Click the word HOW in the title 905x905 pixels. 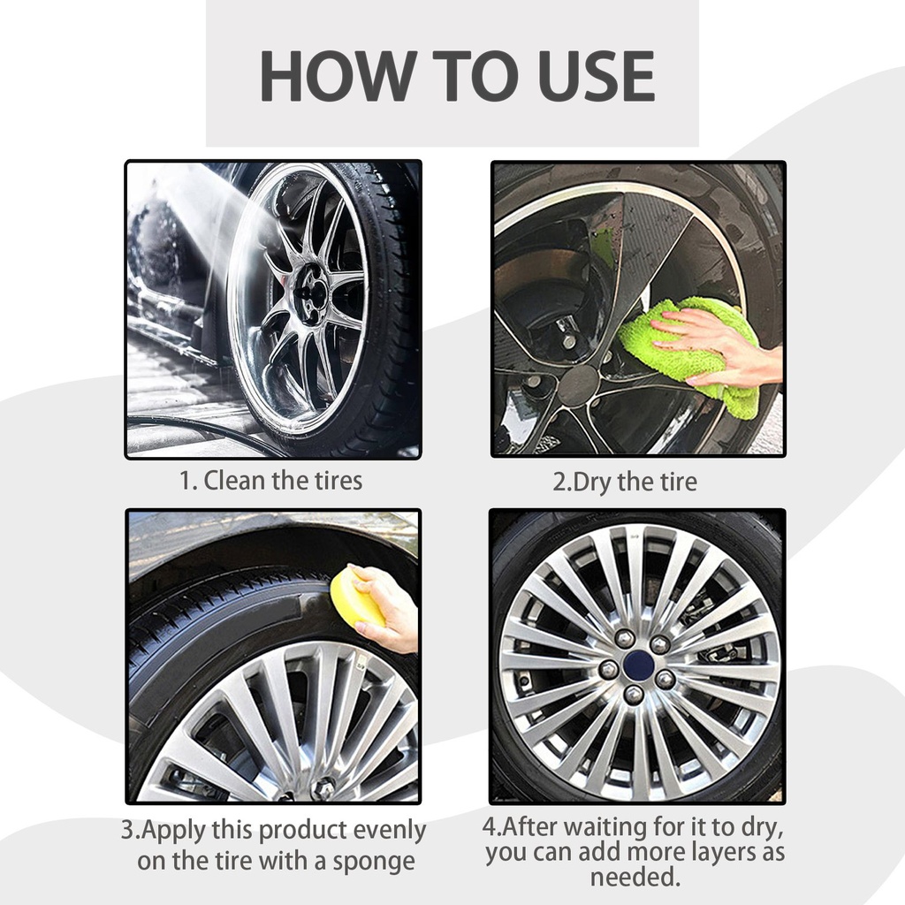pyautogui.click(x=338, y=76)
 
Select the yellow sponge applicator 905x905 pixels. pyautogui.click(x=359, y=597)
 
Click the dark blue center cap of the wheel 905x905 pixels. pyautogui.click(x=639, y=666)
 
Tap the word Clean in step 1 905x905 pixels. pyautogui.click(x=235, y=481)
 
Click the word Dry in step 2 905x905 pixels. pyautogui.click(x=591, y=483)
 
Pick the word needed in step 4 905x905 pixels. pyautogui.click(x=635, y=877)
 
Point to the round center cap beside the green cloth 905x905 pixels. pyautogui.click(x=578, y=386)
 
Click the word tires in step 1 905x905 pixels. pyautogui.click(x=338, y=481)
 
